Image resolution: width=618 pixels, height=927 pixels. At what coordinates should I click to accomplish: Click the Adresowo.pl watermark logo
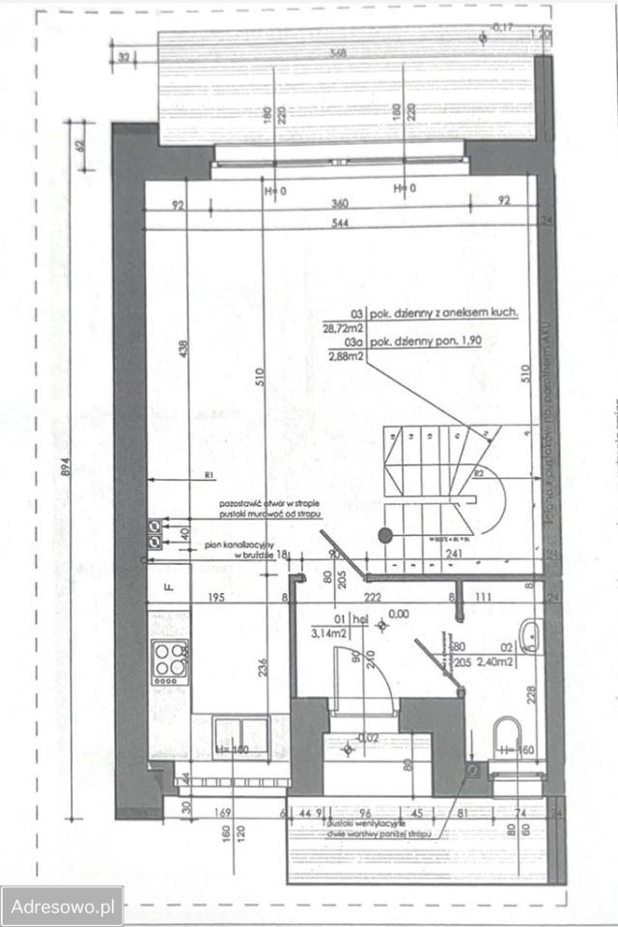tap(62, 907)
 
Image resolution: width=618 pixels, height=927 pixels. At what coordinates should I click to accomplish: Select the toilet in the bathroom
tap(503, 735)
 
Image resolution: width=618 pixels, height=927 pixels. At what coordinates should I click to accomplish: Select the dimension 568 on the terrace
tap(337, 54)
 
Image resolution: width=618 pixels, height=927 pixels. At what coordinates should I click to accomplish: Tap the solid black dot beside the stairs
tap(385, 533)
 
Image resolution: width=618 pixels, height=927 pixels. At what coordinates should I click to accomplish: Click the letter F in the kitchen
tap(167, 586)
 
